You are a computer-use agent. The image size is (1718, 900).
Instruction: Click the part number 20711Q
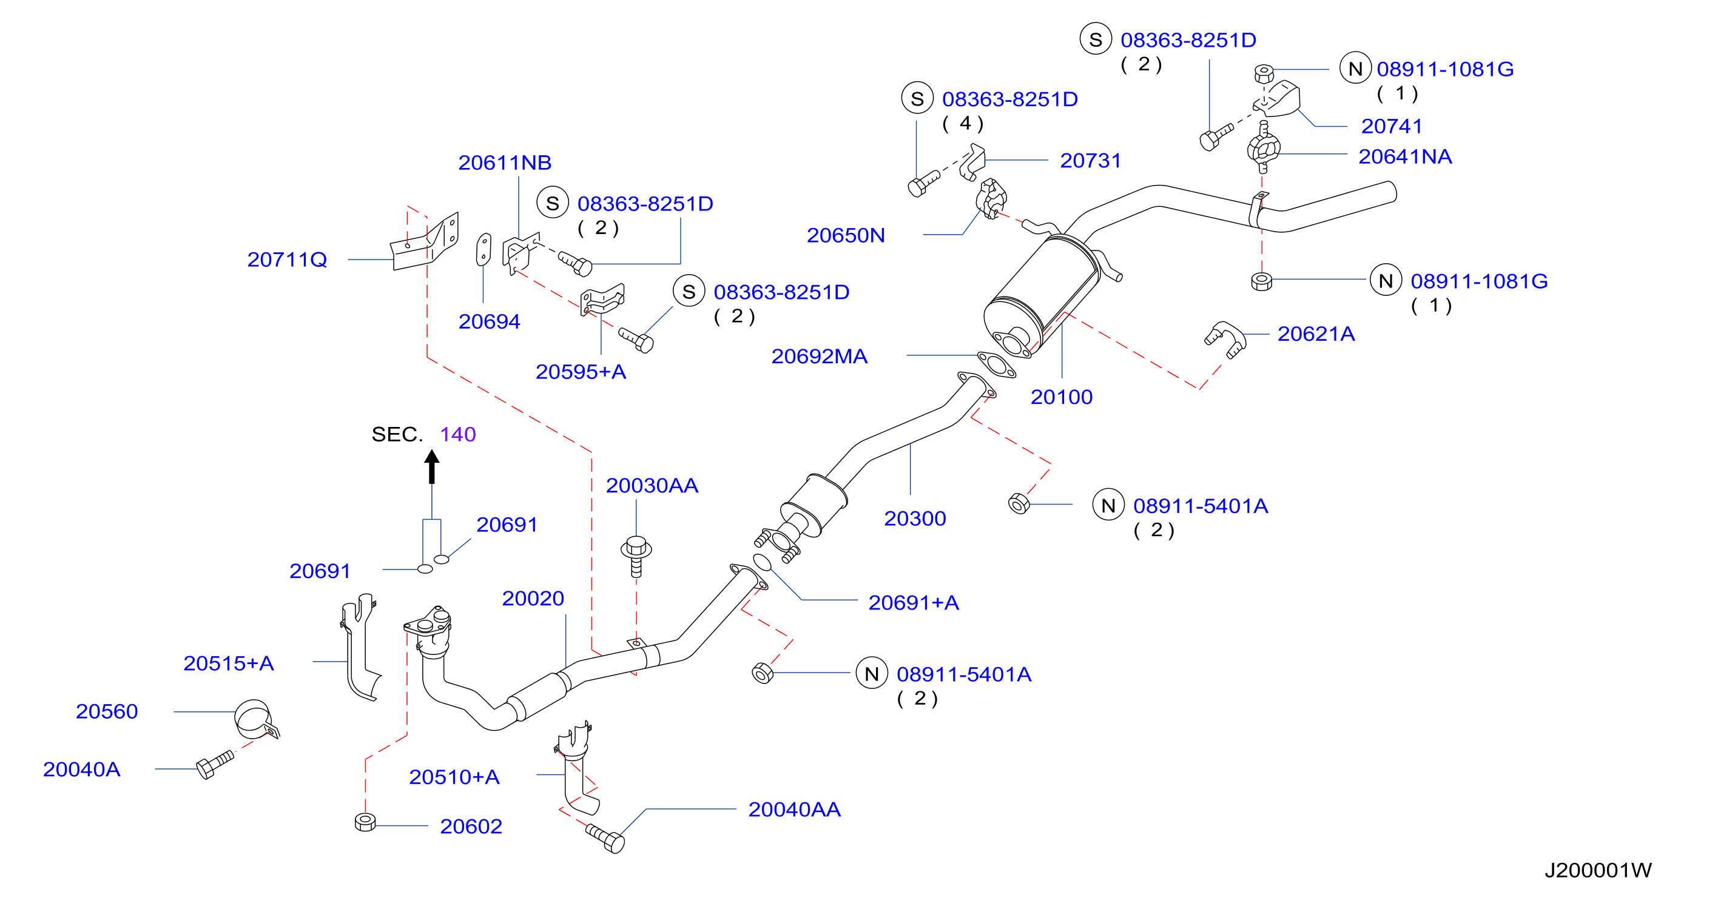287,260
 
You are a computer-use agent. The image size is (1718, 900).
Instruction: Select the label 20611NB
505,163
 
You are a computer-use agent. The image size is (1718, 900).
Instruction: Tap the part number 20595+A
581,371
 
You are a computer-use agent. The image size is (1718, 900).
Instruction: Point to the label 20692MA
820,356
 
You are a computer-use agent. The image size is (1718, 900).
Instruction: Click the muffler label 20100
1062,397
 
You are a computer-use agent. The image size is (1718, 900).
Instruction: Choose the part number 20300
915,518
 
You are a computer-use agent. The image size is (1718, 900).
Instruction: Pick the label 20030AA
652,485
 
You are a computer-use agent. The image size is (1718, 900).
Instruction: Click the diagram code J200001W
1598,870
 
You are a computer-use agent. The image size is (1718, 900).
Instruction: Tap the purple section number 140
457,434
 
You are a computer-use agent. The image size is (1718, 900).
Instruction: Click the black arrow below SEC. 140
432,466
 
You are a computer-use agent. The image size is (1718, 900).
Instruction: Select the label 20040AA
794,810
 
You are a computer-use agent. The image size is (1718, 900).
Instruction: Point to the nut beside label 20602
365,822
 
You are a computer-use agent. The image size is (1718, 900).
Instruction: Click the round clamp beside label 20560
255,719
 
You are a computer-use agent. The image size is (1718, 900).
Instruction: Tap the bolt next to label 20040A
215,764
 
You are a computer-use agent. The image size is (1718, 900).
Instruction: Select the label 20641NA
1405,156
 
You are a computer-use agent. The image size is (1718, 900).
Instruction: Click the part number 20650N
846,235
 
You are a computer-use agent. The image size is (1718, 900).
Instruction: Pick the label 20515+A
229,663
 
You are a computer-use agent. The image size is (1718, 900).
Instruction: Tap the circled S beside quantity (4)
917,98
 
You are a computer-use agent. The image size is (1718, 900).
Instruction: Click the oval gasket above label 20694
483,249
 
